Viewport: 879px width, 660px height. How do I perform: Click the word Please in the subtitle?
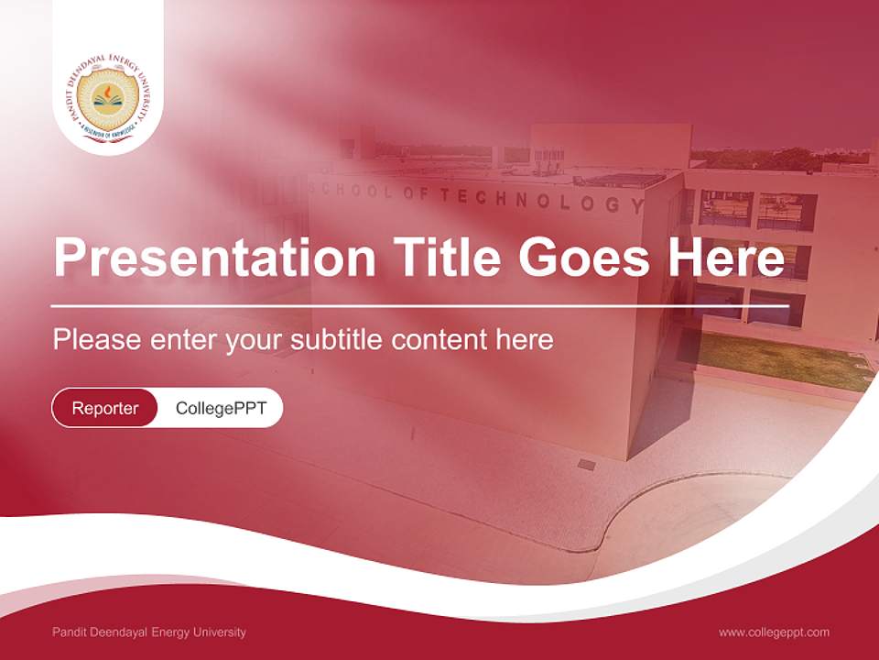96,340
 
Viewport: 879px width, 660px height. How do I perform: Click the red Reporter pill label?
104,408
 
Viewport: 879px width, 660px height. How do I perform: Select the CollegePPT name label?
221,408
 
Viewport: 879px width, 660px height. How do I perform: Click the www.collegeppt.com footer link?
774,632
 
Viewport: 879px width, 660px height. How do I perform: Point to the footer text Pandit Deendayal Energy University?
149,632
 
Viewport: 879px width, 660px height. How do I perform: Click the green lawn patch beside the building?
778,357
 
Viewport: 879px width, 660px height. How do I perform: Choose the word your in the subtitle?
256,340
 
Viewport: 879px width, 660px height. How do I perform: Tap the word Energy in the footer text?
172,632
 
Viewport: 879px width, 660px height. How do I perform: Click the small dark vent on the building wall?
586,464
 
